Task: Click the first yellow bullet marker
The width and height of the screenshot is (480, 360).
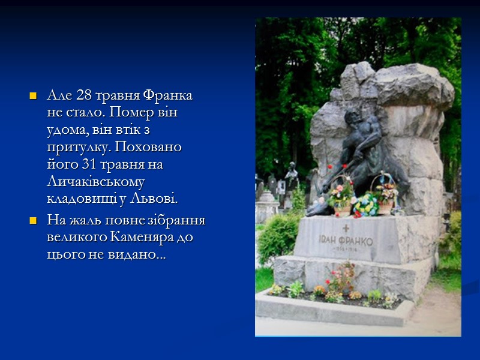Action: click(34, 97)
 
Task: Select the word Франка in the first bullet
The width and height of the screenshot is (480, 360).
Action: click(173, 97)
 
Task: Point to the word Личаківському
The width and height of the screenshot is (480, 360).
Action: click(97, 181)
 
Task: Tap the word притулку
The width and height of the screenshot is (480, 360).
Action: click(73, 147)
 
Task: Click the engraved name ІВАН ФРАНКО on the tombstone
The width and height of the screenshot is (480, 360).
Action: click(345, 241)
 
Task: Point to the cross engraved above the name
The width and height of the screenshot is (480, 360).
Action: click(345, 229)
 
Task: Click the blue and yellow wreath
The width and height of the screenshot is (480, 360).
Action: click(365, 204)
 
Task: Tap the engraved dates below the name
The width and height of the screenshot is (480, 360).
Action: click(345, 251)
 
